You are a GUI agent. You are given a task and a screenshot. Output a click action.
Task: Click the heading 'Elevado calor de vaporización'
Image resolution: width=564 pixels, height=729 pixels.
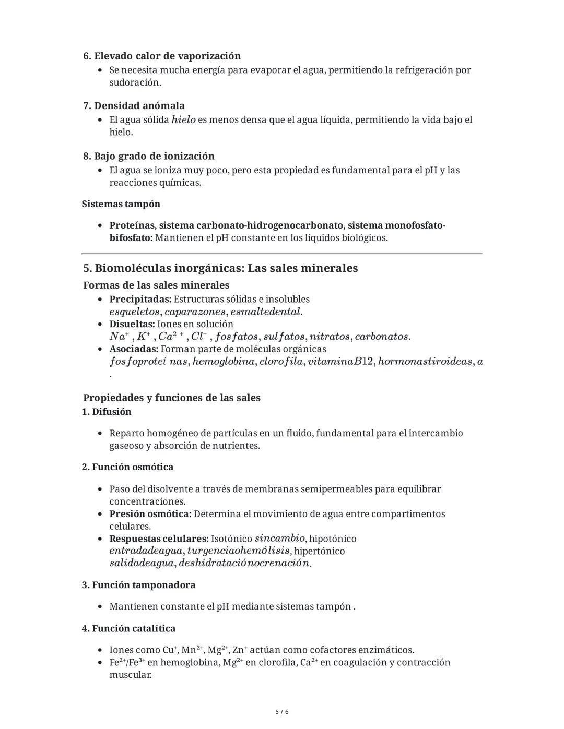tap(167, 56)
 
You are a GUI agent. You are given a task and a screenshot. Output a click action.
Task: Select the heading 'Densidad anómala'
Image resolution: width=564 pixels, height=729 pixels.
tap(139, 106)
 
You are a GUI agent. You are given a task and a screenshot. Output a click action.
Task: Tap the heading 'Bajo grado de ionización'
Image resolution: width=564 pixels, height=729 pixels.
tap(154, 156)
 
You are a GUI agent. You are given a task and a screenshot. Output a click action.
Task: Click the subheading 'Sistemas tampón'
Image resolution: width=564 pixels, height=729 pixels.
tap(121, 204)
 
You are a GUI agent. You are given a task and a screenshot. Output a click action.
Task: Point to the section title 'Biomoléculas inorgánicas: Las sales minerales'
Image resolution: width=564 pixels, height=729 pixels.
tap(226, 268)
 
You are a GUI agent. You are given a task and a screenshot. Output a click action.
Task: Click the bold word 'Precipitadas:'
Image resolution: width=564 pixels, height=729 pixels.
tap(140, 299)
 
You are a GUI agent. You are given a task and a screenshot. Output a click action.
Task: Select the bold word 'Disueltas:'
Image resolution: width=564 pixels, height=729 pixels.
tap(132, 324)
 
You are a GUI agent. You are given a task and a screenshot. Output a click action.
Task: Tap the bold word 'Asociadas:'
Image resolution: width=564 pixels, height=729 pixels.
tap(133, 349)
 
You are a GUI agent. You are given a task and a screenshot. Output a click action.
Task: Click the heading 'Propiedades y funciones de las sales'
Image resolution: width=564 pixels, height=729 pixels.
tap(171, 398)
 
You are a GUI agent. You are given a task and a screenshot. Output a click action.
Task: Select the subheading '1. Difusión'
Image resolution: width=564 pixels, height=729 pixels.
tap(107, 412)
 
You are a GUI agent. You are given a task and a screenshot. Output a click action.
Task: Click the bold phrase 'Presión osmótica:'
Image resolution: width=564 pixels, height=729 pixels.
tap(150, 514)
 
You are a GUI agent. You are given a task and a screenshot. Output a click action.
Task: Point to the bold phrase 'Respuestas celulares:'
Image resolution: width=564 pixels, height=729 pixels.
tap(159, 539)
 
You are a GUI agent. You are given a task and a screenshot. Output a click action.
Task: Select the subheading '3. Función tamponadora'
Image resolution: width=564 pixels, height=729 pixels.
tap(138, 585)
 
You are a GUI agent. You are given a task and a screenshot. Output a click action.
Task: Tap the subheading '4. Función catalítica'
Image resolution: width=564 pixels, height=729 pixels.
tap(128, 628)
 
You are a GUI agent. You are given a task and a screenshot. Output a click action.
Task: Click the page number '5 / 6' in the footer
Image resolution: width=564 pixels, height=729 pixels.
tap(282, 712)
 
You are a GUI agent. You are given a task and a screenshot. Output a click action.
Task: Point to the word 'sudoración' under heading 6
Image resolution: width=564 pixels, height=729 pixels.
tap(134, 82)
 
